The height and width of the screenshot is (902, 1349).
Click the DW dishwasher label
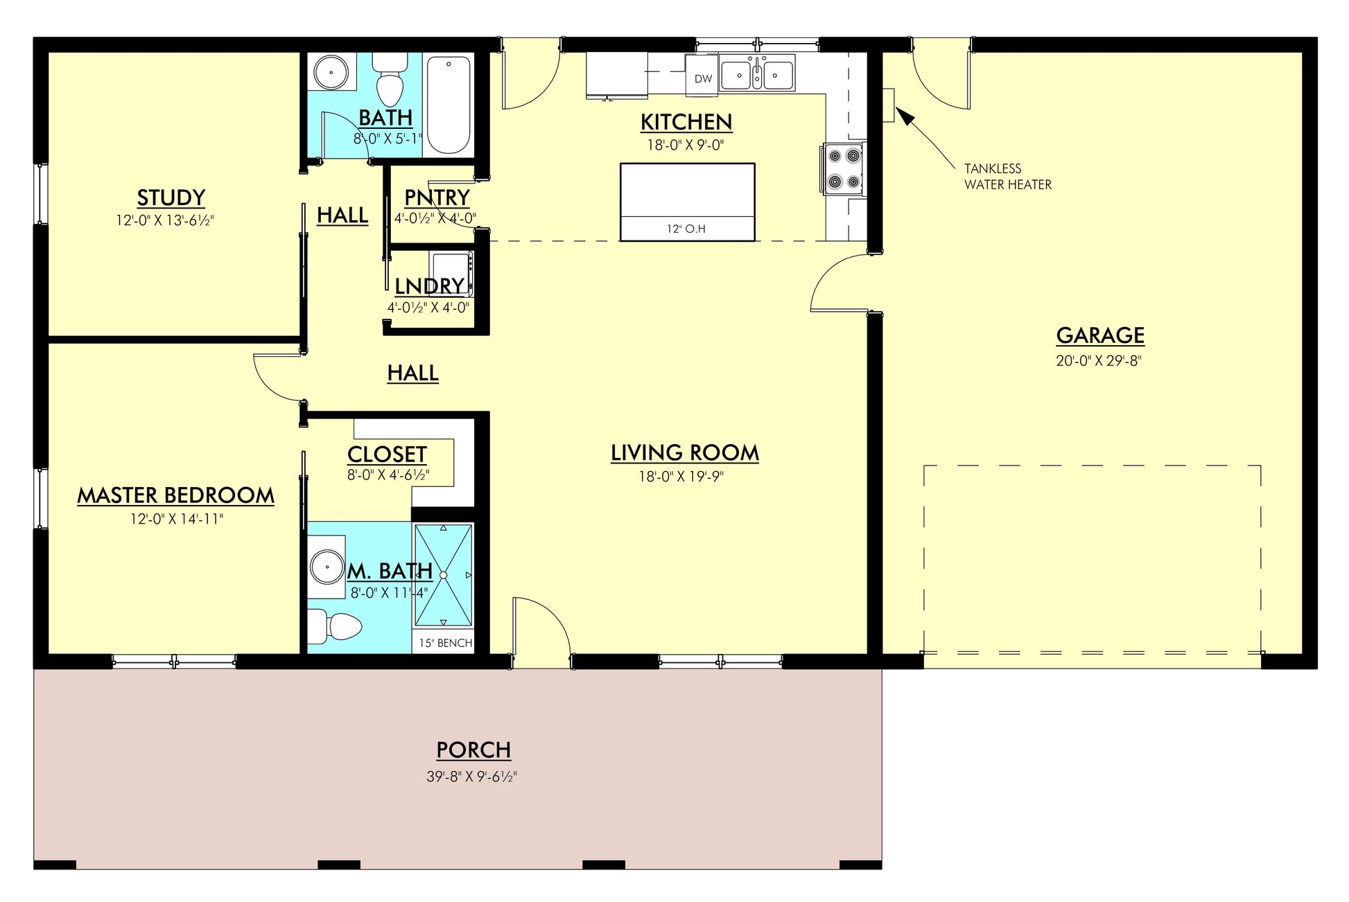click(x=703, y=79)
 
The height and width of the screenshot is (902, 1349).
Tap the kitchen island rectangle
click(x=687, y=202)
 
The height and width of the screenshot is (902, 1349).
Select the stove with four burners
click(x=843, y=168)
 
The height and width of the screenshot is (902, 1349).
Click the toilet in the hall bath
click(x=390, y=79)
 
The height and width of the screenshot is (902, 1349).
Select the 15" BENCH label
click(x=446, y=643)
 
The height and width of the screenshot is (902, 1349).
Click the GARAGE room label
click(x=1100, y=335)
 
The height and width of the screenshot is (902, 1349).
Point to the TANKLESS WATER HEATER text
click(x=1008, y=177)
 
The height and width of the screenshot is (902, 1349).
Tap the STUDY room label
click(x=171, y=198)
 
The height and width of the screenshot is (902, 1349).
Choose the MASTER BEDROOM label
click(x=175, y=495)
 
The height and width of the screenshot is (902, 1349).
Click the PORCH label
click(x=473, y=750)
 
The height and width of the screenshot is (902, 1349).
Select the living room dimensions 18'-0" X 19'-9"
click(x=681, y=477)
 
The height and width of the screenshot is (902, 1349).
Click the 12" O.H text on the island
click(x=686, y=229)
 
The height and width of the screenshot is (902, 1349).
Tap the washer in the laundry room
click(x=451, y=274)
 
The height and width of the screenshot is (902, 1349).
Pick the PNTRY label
click(x=437, y=197)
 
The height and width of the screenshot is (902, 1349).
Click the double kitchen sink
click(x=757, y=73)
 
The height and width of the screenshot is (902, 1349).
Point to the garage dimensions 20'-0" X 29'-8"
click(x=1099, y=361)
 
